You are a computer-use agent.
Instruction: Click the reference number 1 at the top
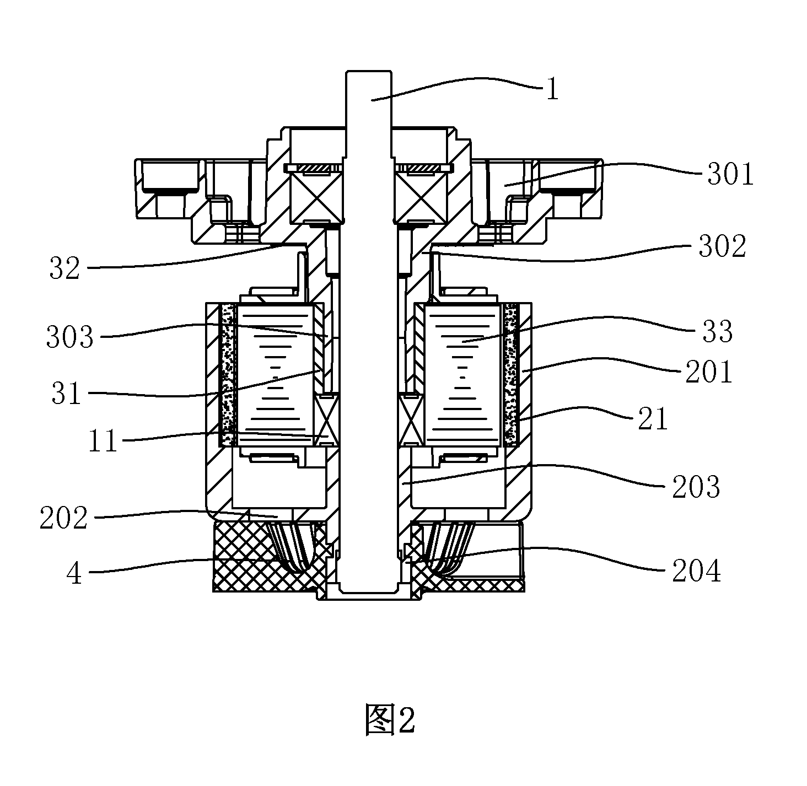(x=552, y=89)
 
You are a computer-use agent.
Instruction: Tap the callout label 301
(x=730, y=174)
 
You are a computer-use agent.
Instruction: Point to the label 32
(x=64, y=268)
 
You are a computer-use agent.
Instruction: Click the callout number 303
(x=69, y=336)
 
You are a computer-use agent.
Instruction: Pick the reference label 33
(x=718, y=331)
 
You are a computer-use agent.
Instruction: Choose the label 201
(x=708, y=372)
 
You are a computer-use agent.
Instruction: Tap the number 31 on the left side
(x=66, y=393)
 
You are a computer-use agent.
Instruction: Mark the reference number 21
(x=653, y=419)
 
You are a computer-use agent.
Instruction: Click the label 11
(x=103, y=441)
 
